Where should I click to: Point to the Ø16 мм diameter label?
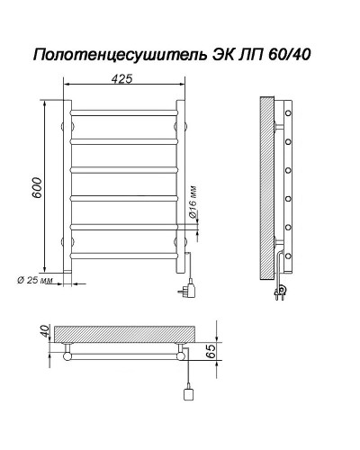pos(194,205)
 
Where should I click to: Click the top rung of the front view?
pos(123,112)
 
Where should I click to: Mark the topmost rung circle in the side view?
pos(288,114)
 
